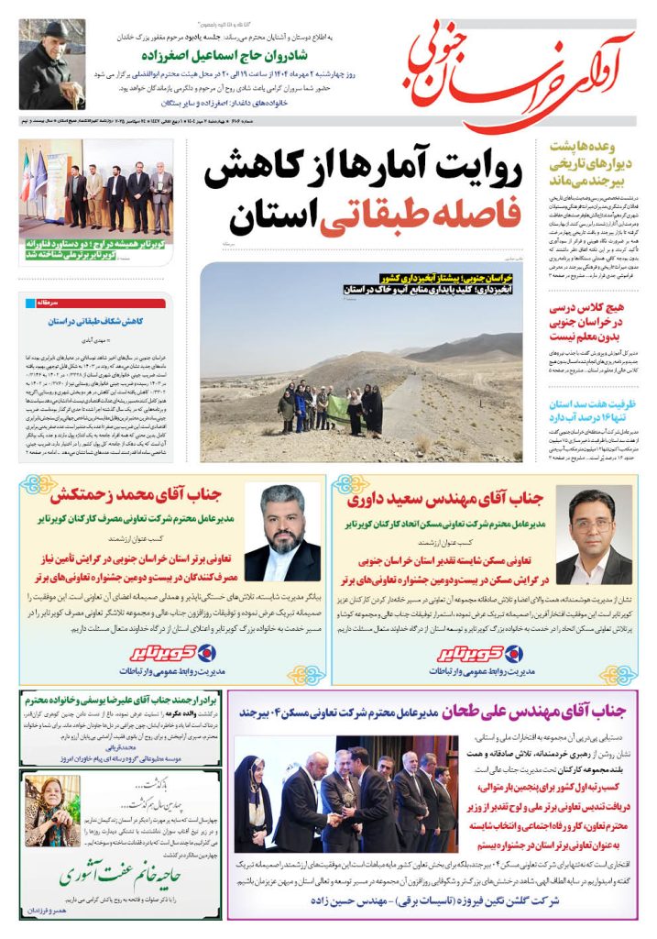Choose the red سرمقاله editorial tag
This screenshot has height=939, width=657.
(x=49, y=302)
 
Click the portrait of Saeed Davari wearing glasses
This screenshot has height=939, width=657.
(x=594, y=536)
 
